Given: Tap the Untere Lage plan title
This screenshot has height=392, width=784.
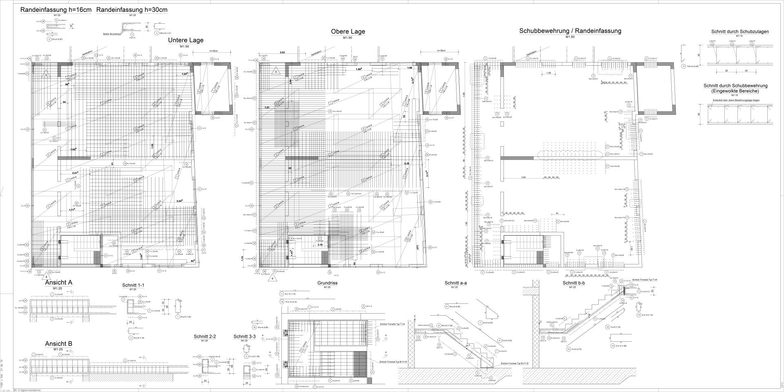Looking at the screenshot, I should click(x=185, y=40).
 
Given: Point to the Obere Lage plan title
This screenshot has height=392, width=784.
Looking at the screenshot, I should click(x=348, y=32).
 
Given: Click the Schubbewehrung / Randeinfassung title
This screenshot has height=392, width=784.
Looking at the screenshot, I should click(x=570, y=31).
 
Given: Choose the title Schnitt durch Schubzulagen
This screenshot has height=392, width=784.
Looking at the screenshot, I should click(x=739, y=31).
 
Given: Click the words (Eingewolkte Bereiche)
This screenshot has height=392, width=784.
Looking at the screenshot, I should click(x=735, y=91).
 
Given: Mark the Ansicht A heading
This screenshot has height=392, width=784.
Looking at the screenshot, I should click(x=58, y=283).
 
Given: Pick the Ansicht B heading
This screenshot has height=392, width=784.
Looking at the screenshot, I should click(x=58, y=344).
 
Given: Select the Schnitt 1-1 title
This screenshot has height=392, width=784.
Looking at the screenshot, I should click(x=133, y=285).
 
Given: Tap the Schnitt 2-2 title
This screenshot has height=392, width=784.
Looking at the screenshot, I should click(x=205, y=337).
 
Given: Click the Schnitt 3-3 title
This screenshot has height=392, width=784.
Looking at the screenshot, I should click(x=245, y=337).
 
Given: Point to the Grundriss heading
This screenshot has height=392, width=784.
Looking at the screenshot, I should click(x=327, y=283).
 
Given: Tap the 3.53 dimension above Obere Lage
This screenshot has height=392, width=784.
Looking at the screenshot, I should click(x=282, y=53).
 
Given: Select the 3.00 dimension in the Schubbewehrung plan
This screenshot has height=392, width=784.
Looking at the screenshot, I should click(x=523, y=177).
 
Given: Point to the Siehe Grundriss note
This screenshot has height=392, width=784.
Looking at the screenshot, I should click(x=111, y=34).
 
